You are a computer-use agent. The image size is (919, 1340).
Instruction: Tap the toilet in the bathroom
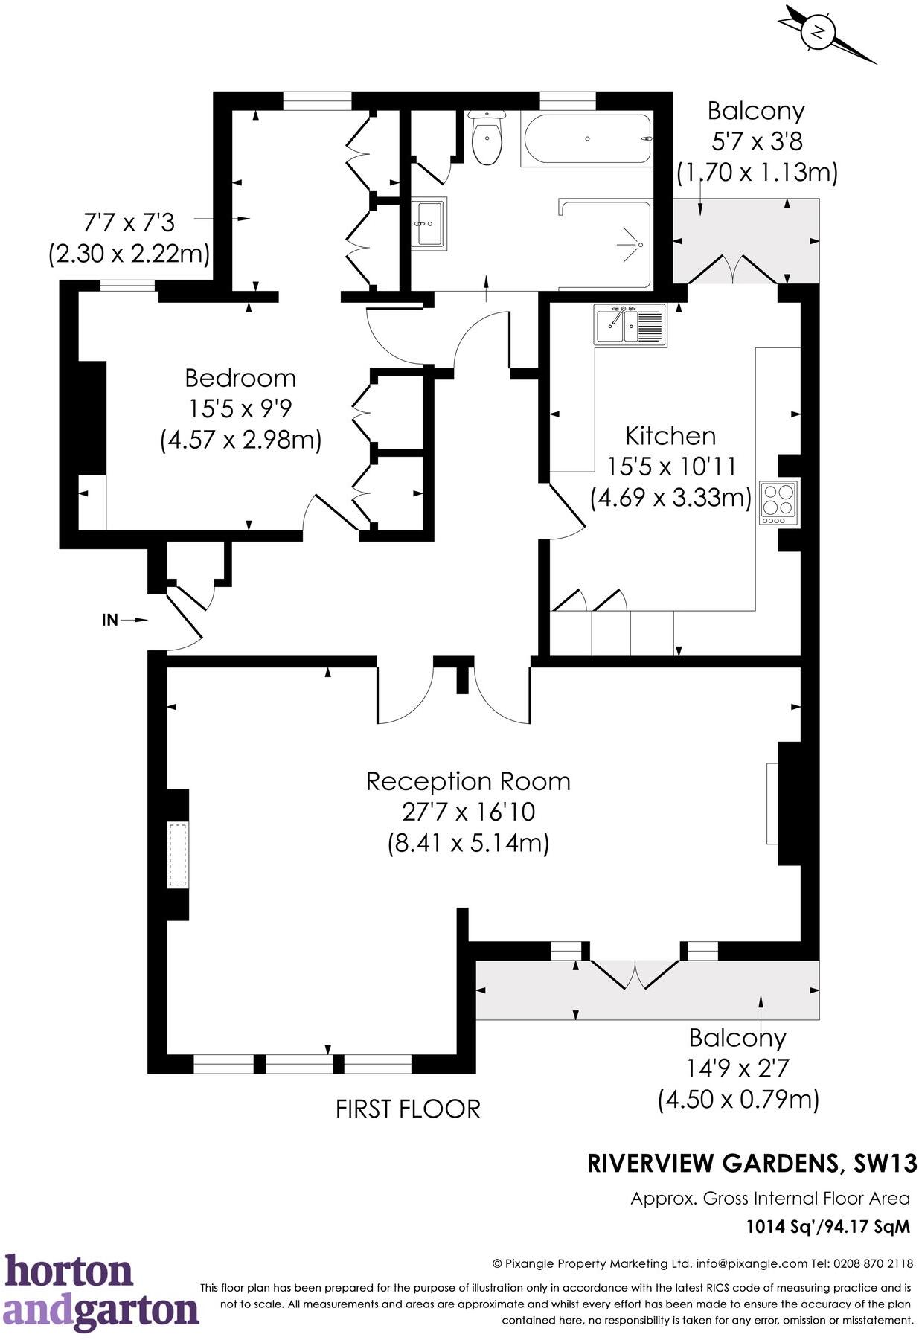coord(487,140)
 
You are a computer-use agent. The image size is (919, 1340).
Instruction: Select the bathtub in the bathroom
coord(587,139)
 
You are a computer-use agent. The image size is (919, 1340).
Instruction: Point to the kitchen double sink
coord(630,324)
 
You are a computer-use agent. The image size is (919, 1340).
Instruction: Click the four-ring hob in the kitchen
coord(778,503)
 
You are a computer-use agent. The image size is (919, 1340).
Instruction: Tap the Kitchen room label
coord(670,435)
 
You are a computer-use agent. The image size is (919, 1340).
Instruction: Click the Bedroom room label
coord(240,378)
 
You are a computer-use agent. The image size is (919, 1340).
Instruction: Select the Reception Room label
coord(468,781)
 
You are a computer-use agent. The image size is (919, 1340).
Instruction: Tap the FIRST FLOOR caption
coord(408,1109)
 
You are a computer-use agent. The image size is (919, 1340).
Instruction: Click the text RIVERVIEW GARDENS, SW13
coord(752,1163)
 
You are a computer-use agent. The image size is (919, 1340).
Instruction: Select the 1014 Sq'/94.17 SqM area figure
coord(827,1226)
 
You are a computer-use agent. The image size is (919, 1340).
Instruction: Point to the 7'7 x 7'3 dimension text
coord(128,222)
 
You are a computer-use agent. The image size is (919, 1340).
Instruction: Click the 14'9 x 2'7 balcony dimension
coord(737,1068)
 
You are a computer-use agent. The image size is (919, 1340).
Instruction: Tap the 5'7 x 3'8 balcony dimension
coord(756,141)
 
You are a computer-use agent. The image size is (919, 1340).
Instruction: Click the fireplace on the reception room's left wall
coord(177,855)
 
